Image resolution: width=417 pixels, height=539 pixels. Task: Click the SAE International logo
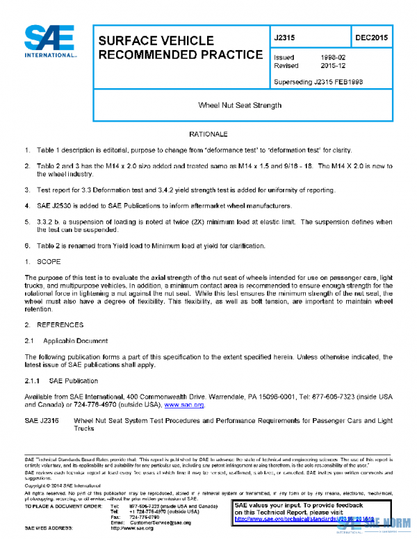click(x=49, y=42)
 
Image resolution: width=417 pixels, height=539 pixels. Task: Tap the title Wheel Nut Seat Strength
click(x=240, y=105)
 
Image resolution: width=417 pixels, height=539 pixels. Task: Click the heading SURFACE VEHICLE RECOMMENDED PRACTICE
click(x=180, y=48)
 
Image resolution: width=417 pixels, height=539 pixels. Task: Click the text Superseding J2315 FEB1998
click(x=318, y=81)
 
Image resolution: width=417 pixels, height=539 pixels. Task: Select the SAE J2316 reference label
click(x=42, y=421)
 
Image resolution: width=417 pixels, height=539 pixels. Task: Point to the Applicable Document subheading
click(x=75, y=340)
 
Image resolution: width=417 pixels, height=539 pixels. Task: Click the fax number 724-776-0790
click(x=145, y=517)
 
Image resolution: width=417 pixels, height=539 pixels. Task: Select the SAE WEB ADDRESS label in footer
click(x=53, y=529)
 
